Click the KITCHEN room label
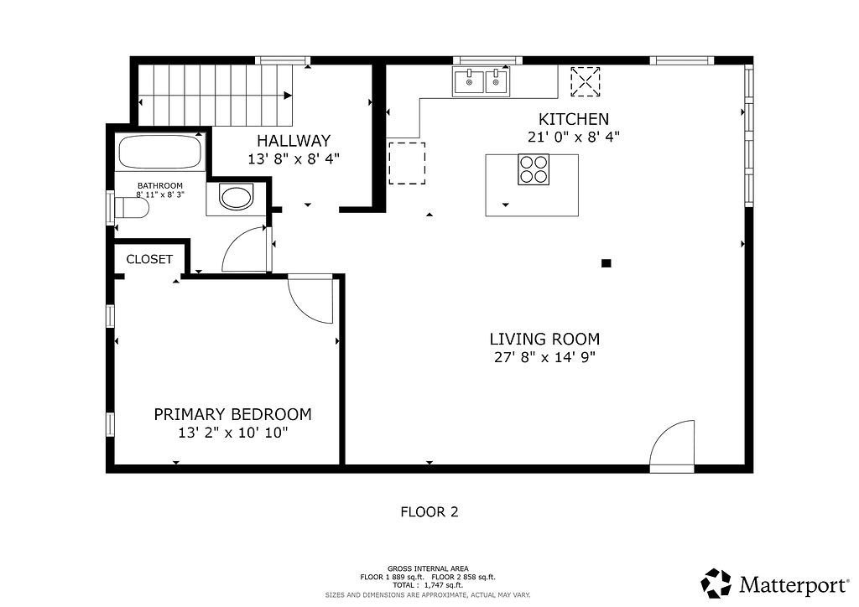(x=574, y=119)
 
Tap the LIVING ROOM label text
(x=544, y=339)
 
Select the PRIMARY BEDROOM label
(x=233, y=414)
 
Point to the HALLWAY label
(x=294, y=141)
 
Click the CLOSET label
(x=149, y=259)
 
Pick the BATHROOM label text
(x=160, y=185)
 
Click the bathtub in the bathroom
(x=159, y=152)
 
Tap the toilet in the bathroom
(x=132, y=208)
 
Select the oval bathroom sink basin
(x=237, y=198)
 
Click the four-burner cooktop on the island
(x=534, y=169)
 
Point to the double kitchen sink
(x=482, y=81)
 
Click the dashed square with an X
(x=586, y=82)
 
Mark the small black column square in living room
(x=606, y=263)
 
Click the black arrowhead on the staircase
(x=288, y=96)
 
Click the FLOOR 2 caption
(x=429, y=511)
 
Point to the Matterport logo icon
(x=716, y=584)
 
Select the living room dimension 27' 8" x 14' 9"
(x=544, y=357)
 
